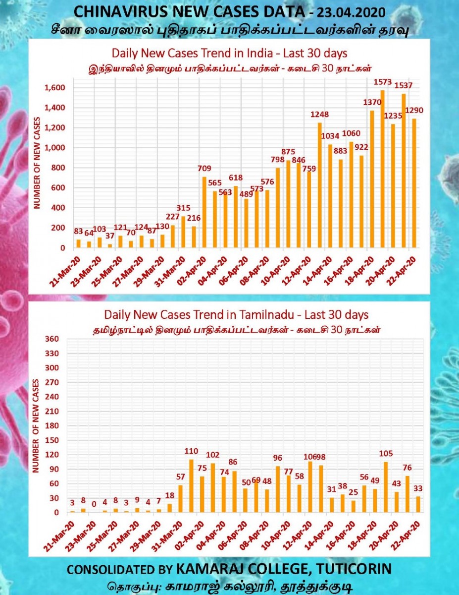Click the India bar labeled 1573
pyautogui.click(x=382, y=169)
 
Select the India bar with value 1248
pyautogui.click(x=319, y=185)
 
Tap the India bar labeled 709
pyautogui.click(x=204, y=213)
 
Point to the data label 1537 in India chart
pyautogui.click(x=403, y=85)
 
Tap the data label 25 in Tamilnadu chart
pyautogui.click(x=353, y=492)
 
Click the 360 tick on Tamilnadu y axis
pyautogui.click(x=51, y=339)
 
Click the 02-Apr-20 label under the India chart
pyautogui.click(x=193, y=271)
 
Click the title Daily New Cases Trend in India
pyautogui.click(x=229, y=54)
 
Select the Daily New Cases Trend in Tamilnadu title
pyautogui.click(x=236, y=315)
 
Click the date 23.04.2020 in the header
pyautogui.click(x=351, y=12)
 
